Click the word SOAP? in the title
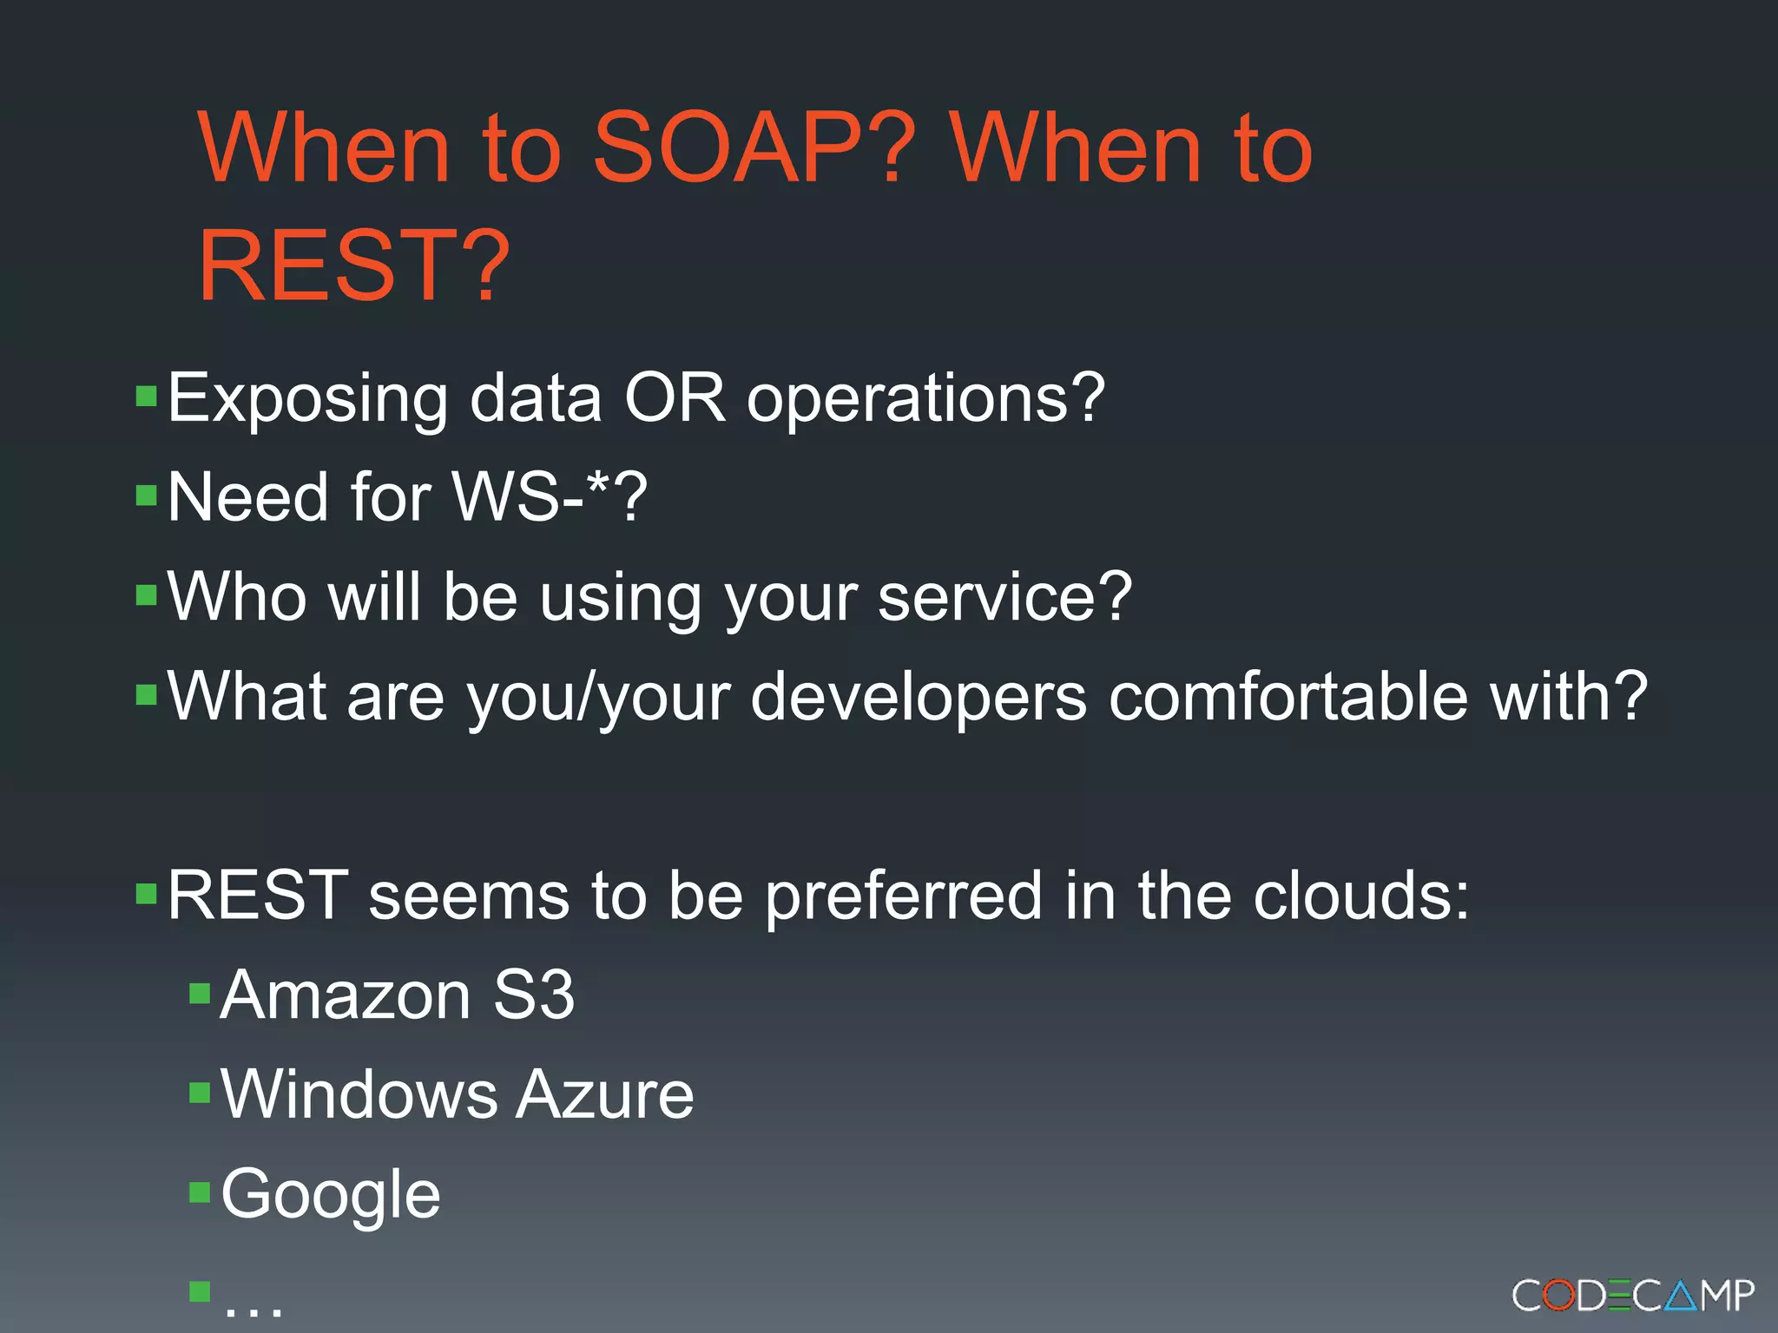(x=753, y=149)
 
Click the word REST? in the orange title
(x=353, y=266)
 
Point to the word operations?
(x=925, y=399)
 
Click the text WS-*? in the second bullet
(x=550, y=497)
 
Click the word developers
(x=918, y=698)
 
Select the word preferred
(x=903, y=897)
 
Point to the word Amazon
(x=346, y=995)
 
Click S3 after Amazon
(x=533, y=995)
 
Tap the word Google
(x=331, y=1196)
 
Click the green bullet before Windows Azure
(x=201, y=1092)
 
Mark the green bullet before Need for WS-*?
(x=147, y=495)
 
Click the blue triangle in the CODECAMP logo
(x=1681, y=1297)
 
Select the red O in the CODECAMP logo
(x=1559, y=1297)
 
